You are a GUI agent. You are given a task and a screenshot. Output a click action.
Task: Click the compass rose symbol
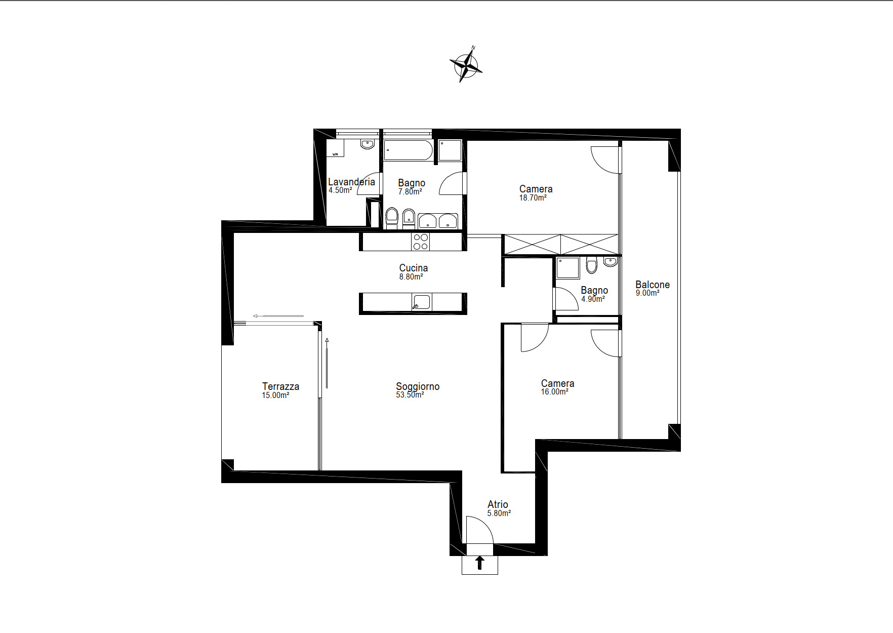tap(466, 64)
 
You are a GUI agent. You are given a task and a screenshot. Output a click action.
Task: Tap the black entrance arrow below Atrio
tap(480, 563)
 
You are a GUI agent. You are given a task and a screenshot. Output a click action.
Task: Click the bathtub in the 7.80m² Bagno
tap(408, 150)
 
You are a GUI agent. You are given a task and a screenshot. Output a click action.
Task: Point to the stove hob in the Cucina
tap(421, 242)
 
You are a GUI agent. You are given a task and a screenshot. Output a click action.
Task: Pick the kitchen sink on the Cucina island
tap(421, 302)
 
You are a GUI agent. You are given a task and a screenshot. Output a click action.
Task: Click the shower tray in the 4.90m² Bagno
tap(568, 268)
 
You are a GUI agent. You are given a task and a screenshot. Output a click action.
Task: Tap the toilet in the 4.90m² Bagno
tap(592, 265)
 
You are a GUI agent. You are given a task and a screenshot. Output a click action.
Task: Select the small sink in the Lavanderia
tap(368, 144)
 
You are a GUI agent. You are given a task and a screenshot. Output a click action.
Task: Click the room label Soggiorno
tap(418, 386)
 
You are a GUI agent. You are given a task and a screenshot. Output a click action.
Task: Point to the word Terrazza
tap(280, 386)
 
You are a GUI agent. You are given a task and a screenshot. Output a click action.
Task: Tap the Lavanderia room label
tap(351, 182)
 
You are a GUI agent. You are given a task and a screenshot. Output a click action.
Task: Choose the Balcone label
tap(653, 285)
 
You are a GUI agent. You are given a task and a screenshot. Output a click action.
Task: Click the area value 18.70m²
tap(533, 198)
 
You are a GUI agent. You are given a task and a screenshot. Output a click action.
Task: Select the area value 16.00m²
tap(554, 392)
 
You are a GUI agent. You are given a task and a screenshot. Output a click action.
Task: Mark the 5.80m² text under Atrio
tap(499, 513)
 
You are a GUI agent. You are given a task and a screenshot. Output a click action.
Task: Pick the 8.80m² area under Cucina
tap(411, 277)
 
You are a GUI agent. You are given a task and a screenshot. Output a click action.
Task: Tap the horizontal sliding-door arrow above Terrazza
tap(278, 316)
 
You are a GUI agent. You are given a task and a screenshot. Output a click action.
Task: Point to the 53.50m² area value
tap(410, 395)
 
